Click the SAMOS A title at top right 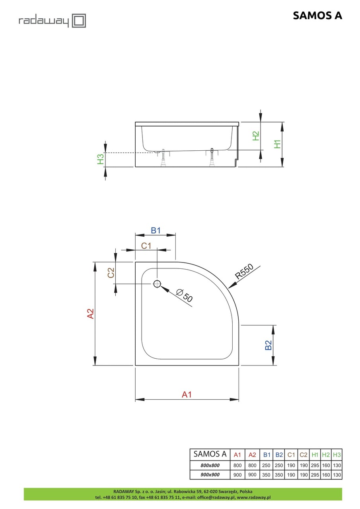point(317,16)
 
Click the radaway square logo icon point(79,21)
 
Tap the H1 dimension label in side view point(278,144)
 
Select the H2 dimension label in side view point(256,136)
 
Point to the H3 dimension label point(101,159)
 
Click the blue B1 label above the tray point(155,230)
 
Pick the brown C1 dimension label point(146,245)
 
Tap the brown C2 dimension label point(111,272)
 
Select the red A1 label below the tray point(187,394)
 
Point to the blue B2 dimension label point(269,345)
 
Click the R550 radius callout point(244,272)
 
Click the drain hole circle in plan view point(157,284)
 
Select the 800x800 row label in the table point(210,465)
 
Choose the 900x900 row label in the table point(210,475)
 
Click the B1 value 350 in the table point(266,475)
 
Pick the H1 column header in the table point(315,455)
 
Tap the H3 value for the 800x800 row point(337,465)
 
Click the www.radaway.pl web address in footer point(253,497)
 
